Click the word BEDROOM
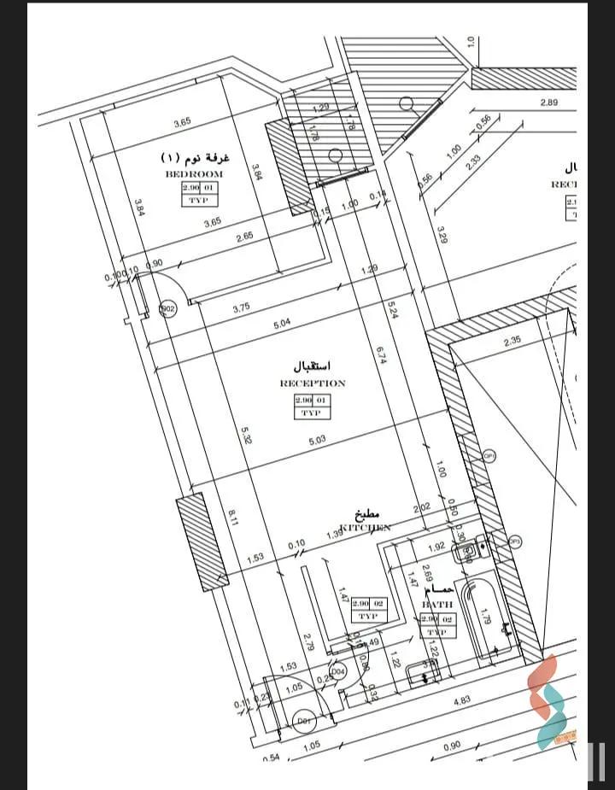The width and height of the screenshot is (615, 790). coord(194,173)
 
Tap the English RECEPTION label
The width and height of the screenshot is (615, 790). coord(313,383)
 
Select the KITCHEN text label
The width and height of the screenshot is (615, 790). coord(366,528)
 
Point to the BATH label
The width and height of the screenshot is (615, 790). coord(437,604)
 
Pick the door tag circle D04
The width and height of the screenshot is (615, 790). coord(338,673)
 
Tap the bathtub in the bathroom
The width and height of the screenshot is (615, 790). coord(484,617)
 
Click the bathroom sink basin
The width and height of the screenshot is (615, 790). coord(466,552)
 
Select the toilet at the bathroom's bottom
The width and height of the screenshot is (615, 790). coord(421,674)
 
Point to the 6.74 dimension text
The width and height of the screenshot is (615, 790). coord(381,355)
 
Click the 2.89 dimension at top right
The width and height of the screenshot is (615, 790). coord(548,102)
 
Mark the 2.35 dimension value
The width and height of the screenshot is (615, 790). coord(512,342)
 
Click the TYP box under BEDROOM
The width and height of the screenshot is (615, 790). coord(199,200)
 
